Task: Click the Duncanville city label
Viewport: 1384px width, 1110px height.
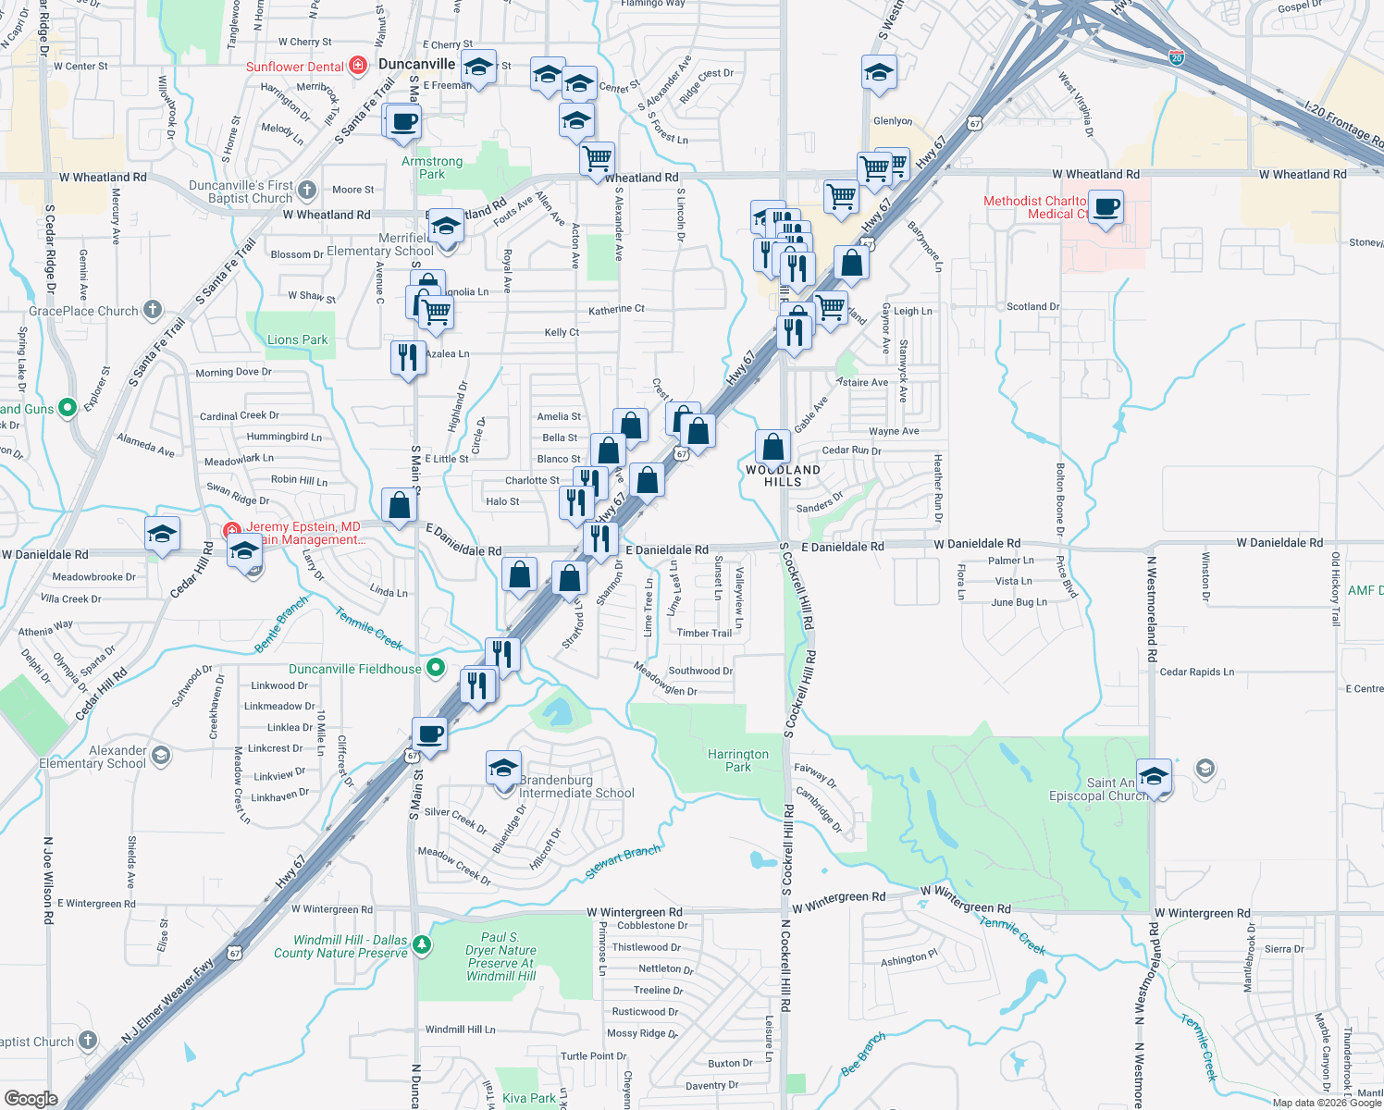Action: tap(416, 64)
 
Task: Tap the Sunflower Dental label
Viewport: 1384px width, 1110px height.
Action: tap(294, 67)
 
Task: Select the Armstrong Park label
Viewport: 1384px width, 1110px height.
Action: tap(432, 167)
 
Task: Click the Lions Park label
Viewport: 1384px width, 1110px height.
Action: tap(297, 339)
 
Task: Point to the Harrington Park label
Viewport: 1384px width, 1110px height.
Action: tap(737, 760)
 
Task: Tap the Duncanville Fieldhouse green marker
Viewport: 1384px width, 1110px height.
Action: tap(436, 668)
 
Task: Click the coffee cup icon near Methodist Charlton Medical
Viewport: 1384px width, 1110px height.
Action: tap(1106, 206)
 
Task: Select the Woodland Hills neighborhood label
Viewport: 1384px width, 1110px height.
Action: tap(783, 475)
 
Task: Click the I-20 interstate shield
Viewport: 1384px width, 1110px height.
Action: tap(1176, 57)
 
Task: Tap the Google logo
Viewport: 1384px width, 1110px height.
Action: tap(31, 1099)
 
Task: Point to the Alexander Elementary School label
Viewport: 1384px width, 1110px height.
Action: tap(93, 757)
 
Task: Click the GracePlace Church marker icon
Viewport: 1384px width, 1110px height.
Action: tap(153, 311)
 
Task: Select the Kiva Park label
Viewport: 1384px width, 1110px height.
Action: tap(529, 1098)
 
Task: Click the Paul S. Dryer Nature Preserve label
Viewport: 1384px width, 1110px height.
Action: tap(500, 956)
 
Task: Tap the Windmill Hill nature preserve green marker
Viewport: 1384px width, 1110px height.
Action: tap(422, 944)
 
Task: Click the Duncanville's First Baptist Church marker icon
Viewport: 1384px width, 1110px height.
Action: tap(307, 191)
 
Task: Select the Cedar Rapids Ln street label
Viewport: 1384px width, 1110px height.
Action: tap(1196, 672)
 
